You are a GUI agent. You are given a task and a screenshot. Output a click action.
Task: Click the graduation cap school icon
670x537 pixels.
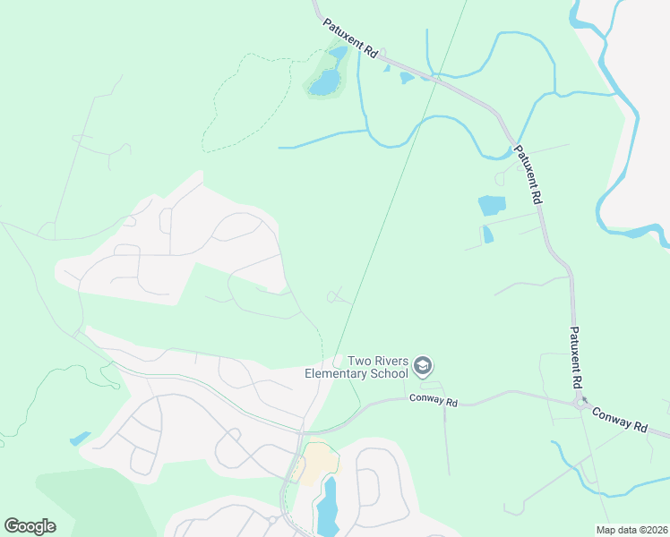424,366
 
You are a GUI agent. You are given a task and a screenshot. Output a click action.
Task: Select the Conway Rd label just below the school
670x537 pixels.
434,402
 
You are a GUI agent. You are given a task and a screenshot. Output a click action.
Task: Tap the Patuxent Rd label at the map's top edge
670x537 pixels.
351,40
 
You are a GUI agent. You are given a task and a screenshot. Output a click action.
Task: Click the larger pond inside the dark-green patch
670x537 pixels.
326,82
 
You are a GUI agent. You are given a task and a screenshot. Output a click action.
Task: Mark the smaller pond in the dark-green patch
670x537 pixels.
338,53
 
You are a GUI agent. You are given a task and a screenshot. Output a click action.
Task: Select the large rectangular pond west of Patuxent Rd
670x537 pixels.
492,205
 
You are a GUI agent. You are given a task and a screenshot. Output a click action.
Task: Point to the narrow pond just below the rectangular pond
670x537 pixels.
487,234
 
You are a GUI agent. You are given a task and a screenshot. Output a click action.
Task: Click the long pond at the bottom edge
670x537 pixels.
327,507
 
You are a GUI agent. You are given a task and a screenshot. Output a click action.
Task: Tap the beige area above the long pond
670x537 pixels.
320,463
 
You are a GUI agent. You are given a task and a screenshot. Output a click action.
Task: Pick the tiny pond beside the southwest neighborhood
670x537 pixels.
80,439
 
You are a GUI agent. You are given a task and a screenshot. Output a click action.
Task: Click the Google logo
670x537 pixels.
30,525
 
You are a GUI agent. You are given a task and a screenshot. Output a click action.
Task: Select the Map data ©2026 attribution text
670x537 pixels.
631,530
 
